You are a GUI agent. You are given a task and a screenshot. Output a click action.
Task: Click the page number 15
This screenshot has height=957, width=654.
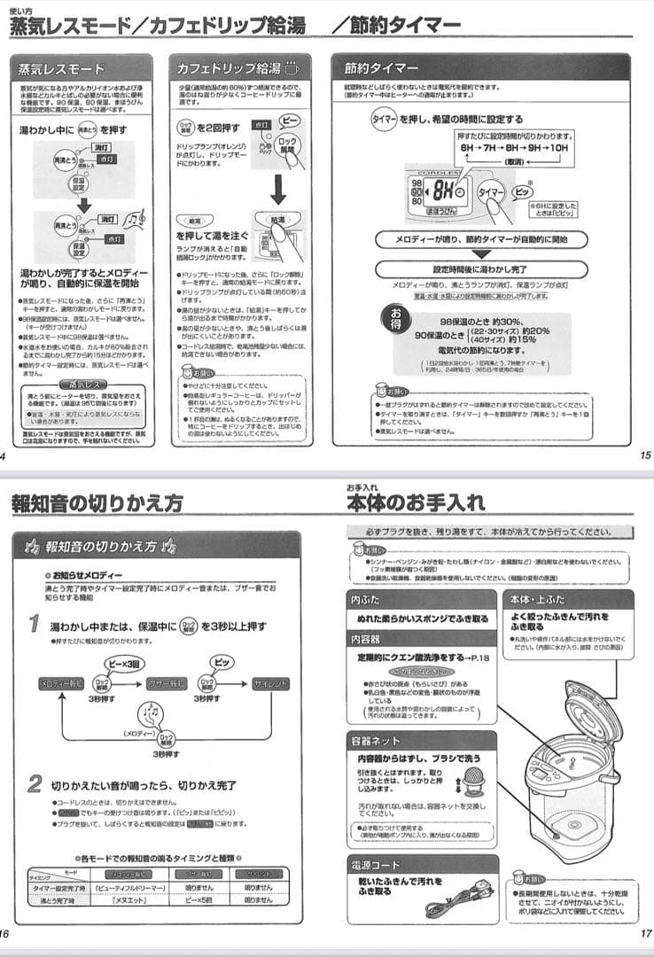click(x=644, y=456)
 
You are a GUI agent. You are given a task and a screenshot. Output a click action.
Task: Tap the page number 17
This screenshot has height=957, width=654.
click(x=644, y=933)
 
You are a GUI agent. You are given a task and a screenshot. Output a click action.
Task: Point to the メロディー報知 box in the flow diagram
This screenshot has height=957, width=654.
click(x=63, y=685)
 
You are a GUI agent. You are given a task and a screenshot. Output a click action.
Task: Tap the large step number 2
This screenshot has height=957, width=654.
click(x=35, y=783)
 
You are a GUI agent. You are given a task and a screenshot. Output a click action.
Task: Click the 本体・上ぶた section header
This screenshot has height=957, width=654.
click(x=537, y=600)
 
